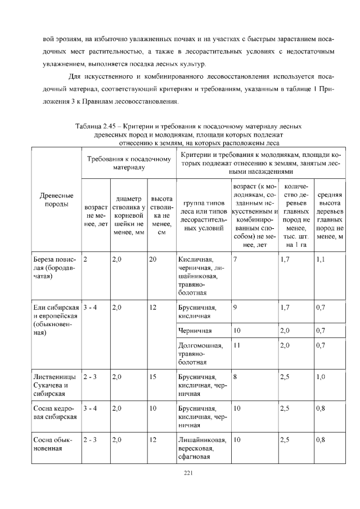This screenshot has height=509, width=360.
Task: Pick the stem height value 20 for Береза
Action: [153, 260]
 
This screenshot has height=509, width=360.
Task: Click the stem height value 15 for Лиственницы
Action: [153, 377]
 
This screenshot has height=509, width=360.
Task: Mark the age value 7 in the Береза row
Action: [235, 260]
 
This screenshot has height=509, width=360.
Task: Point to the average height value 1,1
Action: [321, 260]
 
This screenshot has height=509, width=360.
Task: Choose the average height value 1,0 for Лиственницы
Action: [321, 377]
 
